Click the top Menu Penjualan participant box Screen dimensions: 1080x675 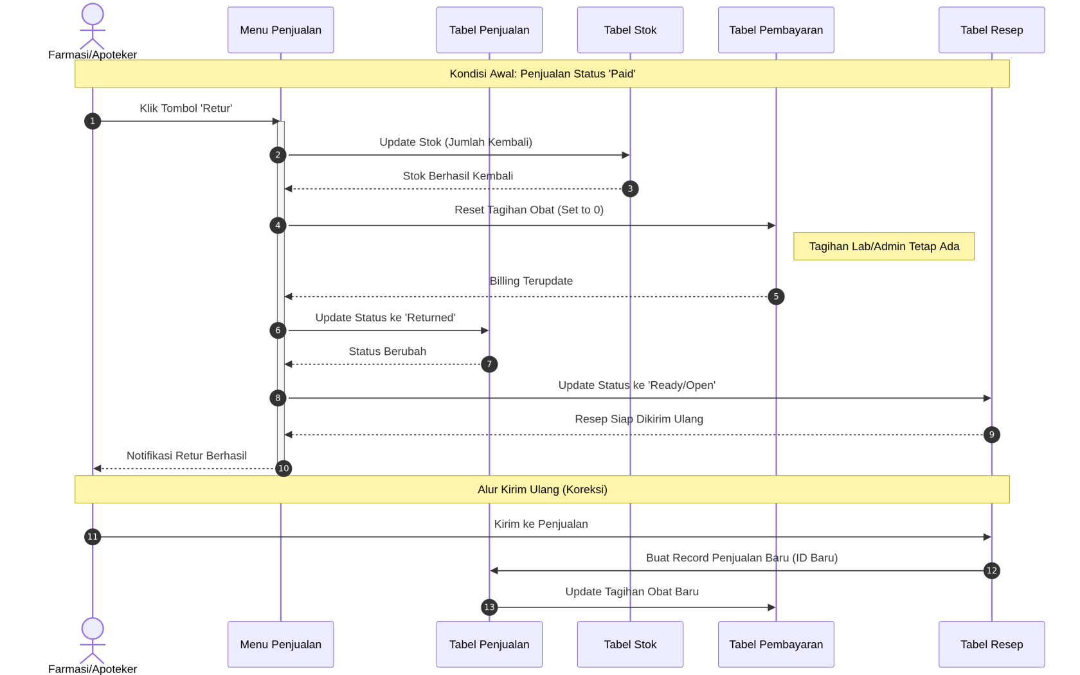[280, 30]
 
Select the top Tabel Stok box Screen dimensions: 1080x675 [630, 30]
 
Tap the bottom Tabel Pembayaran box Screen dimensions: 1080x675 [776, 644]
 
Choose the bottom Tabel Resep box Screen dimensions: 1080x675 [991, 644]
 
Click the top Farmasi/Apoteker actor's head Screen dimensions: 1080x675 [93, 14]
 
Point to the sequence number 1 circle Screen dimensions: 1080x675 [93, 121]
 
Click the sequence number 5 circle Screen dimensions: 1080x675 [776, 296]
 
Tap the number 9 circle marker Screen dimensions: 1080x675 [991, 435]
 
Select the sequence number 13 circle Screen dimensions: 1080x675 [489, 607]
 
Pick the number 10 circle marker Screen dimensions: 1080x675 [283, 468]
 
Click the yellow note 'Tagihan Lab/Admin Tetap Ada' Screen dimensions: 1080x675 [884, 246]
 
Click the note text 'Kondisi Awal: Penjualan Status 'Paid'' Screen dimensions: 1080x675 [543, 74]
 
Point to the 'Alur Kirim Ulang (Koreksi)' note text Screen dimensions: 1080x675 [543, 489]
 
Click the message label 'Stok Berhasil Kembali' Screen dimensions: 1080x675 [458, 176]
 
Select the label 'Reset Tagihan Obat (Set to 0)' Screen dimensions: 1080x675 [529, 210]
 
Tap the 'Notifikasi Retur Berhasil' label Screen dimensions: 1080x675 [186, 456]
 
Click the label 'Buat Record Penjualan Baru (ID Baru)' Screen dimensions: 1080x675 [742, 558]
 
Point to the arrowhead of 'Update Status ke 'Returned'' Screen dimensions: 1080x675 [485, 330]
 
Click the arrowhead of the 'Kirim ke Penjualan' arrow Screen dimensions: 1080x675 [987, 537]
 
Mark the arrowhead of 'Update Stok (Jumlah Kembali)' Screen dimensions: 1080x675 [626, 155]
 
